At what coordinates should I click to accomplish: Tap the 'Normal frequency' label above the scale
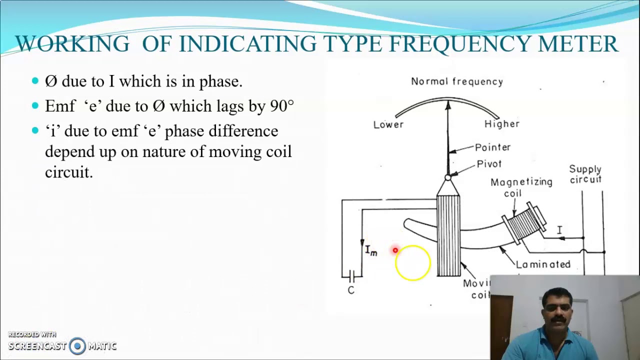pyautogui.click(x=457, y=81)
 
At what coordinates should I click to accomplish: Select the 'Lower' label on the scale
pyautogui.click(x=388, y=124)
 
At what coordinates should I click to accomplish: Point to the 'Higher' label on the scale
pyautogui.click(x=502, y=124)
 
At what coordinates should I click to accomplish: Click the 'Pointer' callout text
pyautogui.click(x=492, y=147)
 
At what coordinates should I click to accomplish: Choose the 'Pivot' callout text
pyautogui.click(x=489, y=164)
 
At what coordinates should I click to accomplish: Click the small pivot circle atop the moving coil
pyautogui.click(x=448, y=177)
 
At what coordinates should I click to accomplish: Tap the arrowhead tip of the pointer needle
pyautogui.click(x=448, y=103)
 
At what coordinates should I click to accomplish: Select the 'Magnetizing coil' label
pyautogui.click(x=521, y=187)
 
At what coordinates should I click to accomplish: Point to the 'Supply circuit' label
pyautogui.click(x=585, y=174)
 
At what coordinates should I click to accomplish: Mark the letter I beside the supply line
pyautogui.click(x=559, y=230)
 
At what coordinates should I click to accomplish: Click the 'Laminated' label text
pyautogui.click(x=543, y=264)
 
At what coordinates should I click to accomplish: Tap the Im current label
pyautogui.click(x=371, y=250)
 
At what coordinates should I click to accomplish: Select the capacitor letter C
pyautogui.click(x=351, y=290)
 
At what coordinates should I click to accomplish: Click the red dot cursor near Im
pyautogui.click(x=395, y=250)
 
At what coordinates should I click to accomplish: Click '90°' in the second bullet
pyautogui.click(x=282, y=106)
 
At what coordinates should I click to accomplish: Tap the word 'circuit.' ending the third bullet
pyautogui.click(x=69, y=172)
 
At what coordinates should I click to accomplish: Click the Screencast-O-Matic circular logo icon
pyautogui.click(x=77, y=346)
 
